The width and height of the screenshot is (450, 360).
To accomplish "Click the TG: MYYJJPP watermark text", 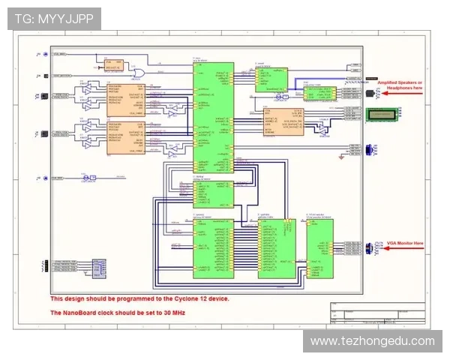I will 54,18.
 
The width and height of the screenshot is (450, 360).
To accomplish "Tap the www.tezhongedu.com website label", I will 372,341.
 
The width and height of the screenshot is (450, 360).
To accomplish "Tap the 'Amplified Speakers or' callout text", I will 400,82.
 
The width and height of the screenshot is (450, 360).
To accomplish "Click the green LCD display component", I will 383,114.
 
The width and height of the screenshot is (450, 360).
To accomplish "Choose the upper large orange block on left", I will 125,98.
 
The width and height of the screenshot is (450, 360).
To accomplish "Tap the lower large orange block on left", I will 125,138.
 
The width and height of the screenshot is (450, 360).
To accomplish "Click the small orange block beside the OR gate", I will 113,66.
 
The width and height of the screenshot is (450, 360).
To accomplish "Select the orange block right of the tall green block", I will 283,121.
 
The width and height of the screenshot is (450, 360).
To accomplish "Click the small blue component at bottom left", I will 97,267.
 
